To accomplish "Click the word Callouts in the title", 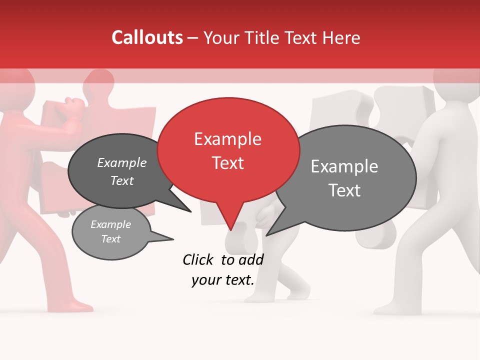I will coord(147,37).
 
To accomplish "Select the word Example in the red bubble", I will coord(227,139).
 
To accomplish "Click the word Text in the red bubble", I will coord(227,163).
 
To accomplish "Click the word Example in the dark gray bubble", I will coord(122,162).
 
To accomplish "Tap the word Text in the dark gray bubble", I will coord(122,180).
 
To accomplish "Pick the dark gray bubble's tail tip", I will coord(190,211).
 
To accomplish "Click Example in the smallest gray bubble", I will coord(111,224).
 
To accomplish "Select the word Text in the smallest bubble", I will coord(111,239).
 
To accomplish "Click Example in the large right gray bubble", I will coord(344,166).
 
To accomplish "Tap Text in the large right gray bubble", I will coord(344,190).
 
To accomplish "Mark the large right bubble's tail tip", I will coord(267,235).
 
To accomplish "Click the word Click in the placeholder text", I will coord(199,259).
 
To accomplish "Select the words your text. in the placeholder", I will coord(223,280).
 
